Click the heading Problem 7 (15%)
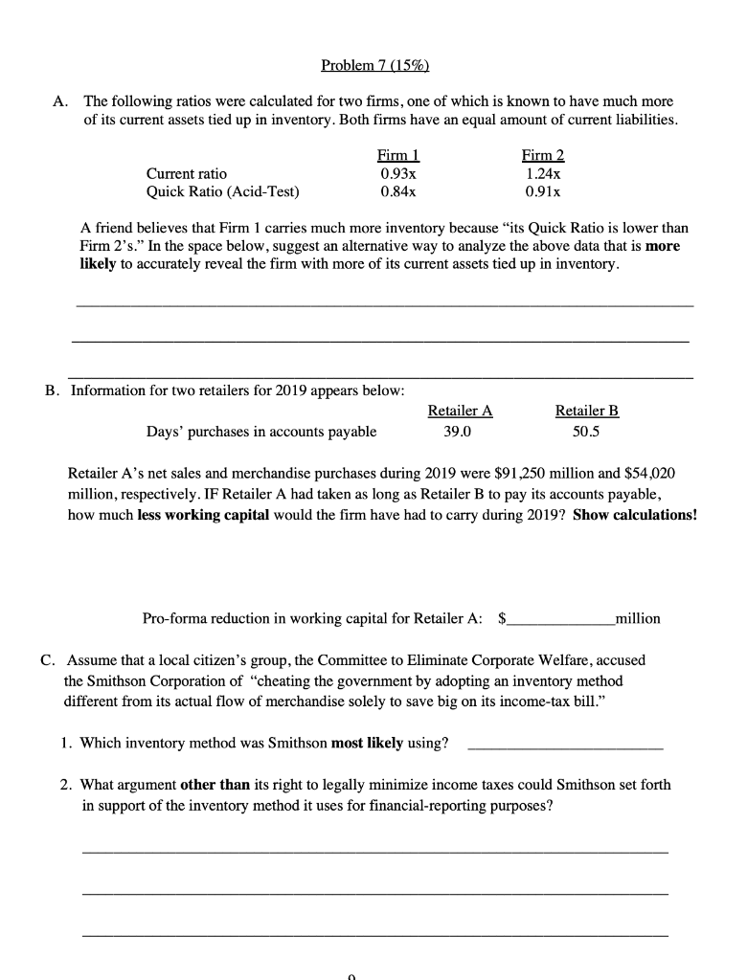[374, 65]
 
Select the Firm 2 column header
[542, 156]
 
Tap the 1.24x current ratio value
[542, 173]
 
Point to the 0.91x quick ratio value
[542, 190]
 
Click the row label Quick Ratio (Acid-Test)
[222, 190]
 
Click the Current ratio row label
[187, 173]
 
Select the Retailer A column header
[460, 411]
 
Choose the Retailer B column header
[587, 411]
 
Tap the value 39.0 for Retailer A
[458, 431]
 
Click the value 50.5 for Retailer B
[586, 431]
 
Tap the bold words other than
[215, 784]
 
